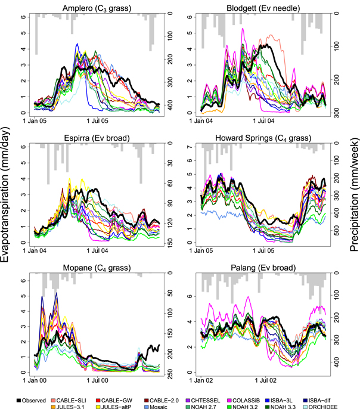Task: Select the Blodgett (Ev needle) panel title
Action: (x=263, y=7)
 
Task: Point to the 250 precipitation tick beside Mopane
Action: (x=170, y=373)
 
